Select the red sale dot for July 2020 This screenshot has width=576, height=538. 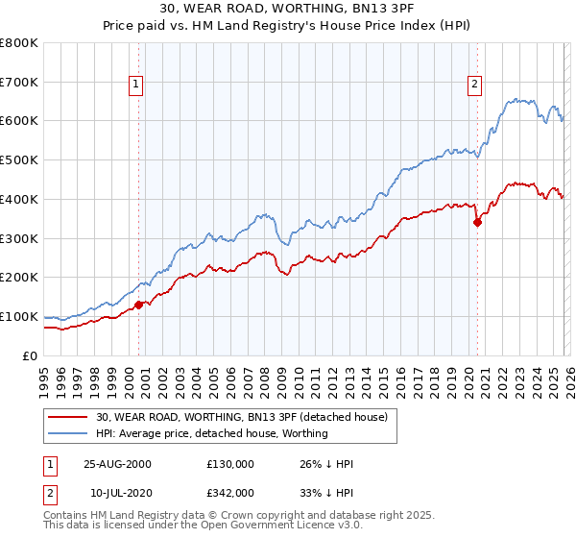(477, 222)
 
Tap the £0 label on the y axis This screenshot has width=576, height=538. (30, 355)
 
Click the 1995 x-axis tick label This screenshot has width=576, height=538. (43, 380)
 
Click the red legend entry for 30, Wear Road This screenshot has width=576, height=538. (241, 417)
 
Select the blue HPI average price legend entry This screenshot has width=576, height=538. (212, 433)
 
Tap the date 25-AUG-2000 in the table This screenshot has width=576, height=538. (117, 464)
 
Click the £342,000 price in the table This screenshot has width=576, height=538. (229, 492)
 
